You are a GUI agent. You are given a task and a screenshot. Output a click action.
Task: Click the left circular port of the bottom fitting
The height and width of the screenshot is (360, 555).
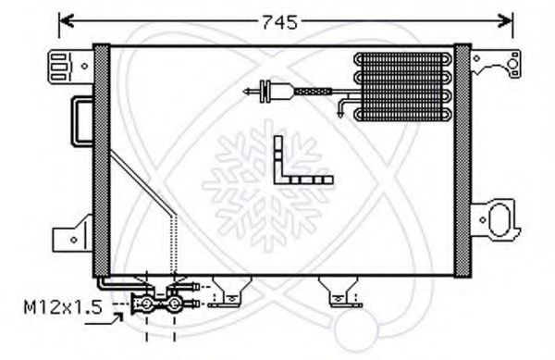click(145, 303)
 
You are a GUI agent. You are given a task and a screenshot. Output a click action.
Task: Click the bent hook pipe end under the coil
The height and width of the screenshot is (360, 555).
click(345, 112)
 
